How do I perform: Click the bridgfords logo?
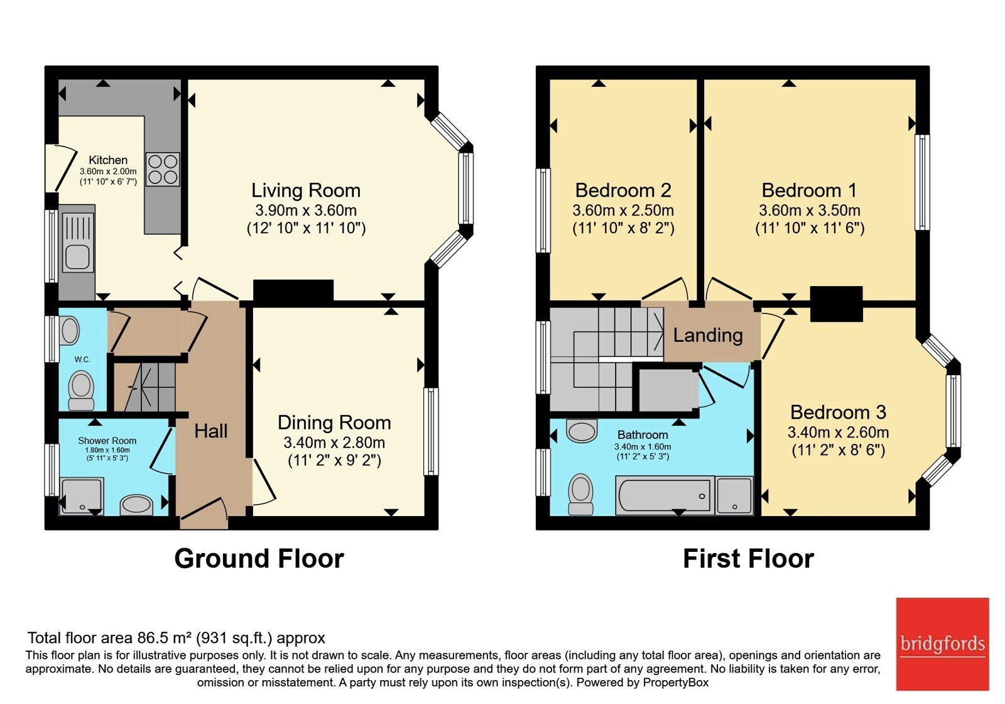tap(942, 644)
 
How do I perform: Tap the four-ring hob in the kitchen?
tap(163, 169)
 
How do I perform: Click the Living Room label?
tap(306, 190)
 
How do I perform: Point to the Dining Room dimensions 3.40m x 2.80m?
tap(334, 443)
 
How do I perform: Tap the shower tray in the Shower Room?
tap(82, 496)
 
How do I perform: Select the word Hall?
tap(211, 431)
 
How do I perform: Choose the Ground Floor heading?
tap(259, 559)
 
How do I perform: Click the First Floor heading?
tap(748, 559)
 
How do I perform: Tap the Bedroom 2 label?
tap(623, 190)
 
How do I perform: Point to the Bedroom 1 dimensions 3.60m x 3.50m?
tap(810, 210)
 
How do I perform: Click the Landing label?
tap(708, 336)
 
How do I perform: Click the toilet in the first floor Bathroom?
tap(580, 494)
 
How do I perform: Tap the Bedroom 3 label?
tap(838, 412)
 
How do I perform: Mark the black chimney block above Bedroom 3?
tap(836, 304)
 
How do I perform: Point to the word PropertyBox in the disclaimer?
tap(676, 683)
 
